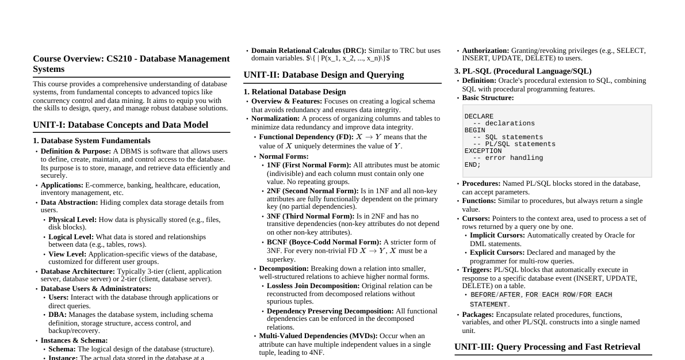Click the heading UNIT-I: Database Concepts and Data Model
[x=120, y=125]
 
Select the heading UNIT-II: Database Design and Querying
[x=323, y=75]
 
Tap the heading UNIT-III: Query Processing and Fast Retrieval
[x=547, y=347]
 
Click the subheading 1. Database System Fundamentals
[x=91, y=140]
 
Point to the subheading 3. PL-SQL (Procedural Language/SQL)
[x=523, y=71]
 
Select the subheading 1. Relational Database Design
[x=294, y=91]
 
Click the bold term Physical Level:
[x=72, y=220]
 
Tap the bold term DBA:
[x=58, y=315]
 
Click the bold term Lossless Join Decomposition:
[x=313, y=286]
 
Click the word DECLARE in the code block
[x=479, y=117]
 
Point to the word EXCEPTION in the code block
[x=483, y=151]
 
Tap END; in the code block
[x=473, y=165]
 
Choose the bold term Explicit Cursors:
[x=497, y=252]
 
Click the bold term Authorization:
[x=485, y=51]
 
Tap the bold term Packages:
[x=477, y=315]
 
